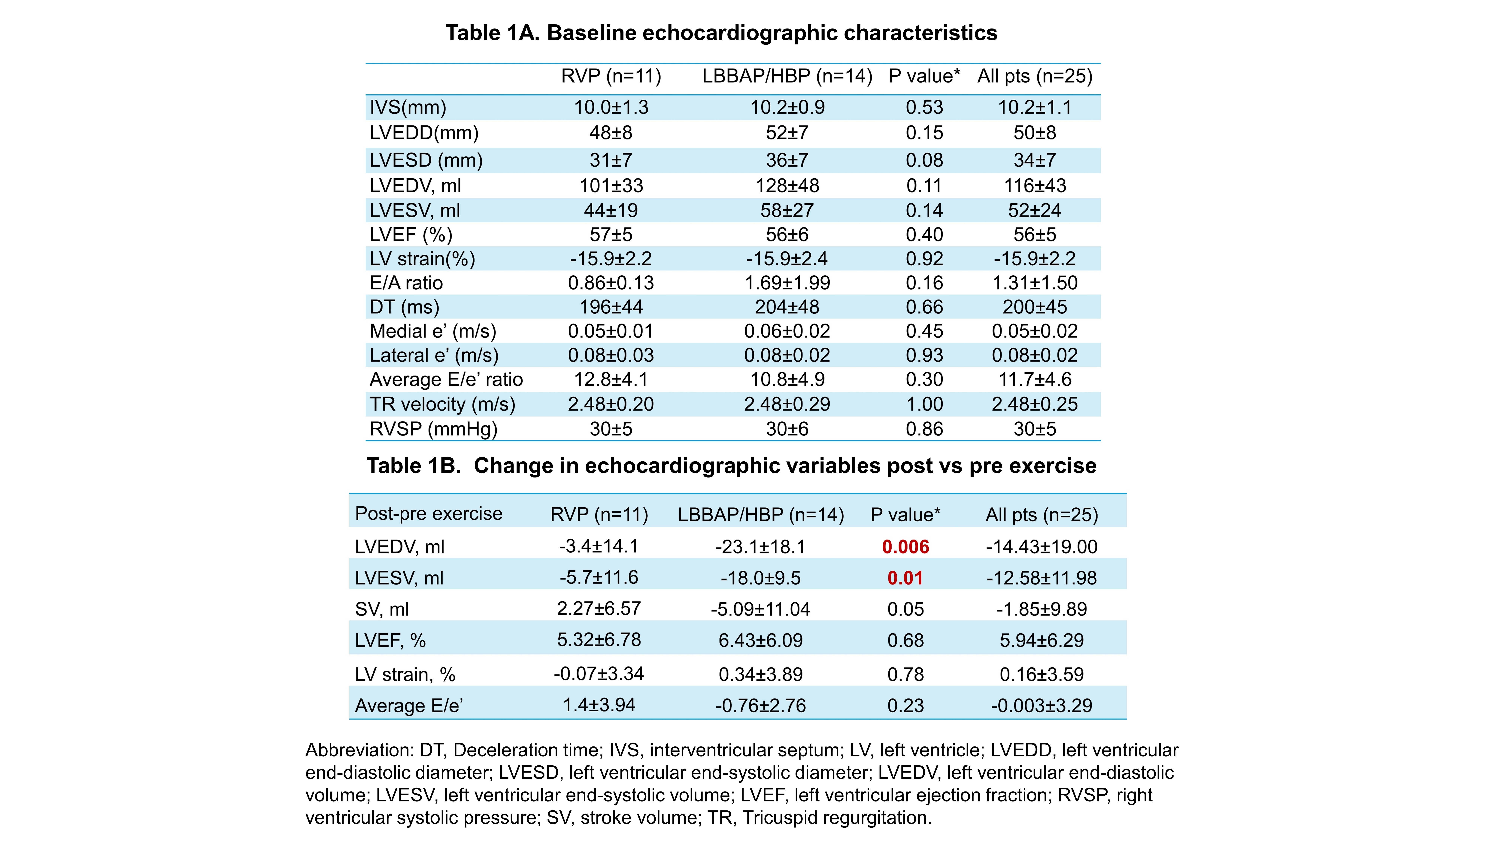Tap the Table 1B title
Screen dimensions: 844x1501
click(x=731, y=466)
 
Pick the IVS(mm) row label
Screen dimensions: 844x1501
click(x=408, y=107)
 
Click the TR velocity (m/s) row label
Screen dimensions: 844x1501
click(x=442, y=404)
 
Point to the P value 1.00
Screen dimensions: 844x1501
click(x=924, y=404)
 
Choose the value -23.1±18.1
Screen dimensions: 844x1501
click(x=760, y=547)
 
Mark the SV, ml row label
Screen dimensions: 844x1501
click(x=382, y=609)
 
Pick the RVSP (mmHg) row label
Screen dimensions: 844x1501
click(x=434, y=429)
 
